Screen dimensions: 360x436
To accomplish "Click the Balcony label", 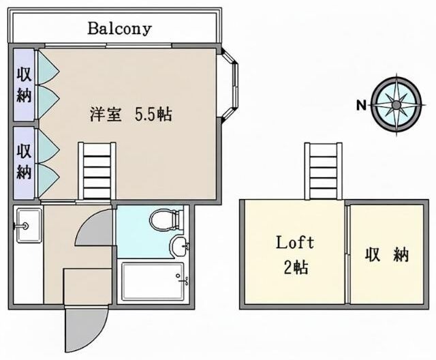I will pyautogui.click(x=119, y=29).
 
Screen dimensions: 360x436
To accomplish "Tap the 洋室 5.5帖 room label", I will pyautogui.click(x=130, y=114).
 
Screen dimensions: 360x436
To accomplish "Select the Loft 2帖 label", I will pyautogui.click(x=294, y=254).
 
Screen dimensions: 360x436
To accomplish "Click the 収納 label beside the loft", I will pyautogui.click(x=386, y=255).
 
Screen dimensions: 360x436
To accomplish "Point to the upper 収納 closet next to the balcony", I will pyautogui.click(x=24, y=83).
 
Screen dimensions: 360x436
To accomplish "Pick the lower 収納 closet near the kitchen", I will pyautogui.click(x=24, y=161).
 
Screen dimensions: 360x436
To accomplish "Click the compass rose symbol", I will pyautogui.click(x=396, y=104).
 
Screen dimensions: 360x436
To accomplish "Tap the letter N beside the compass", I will pyautogui.click(x=361, y=105).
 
